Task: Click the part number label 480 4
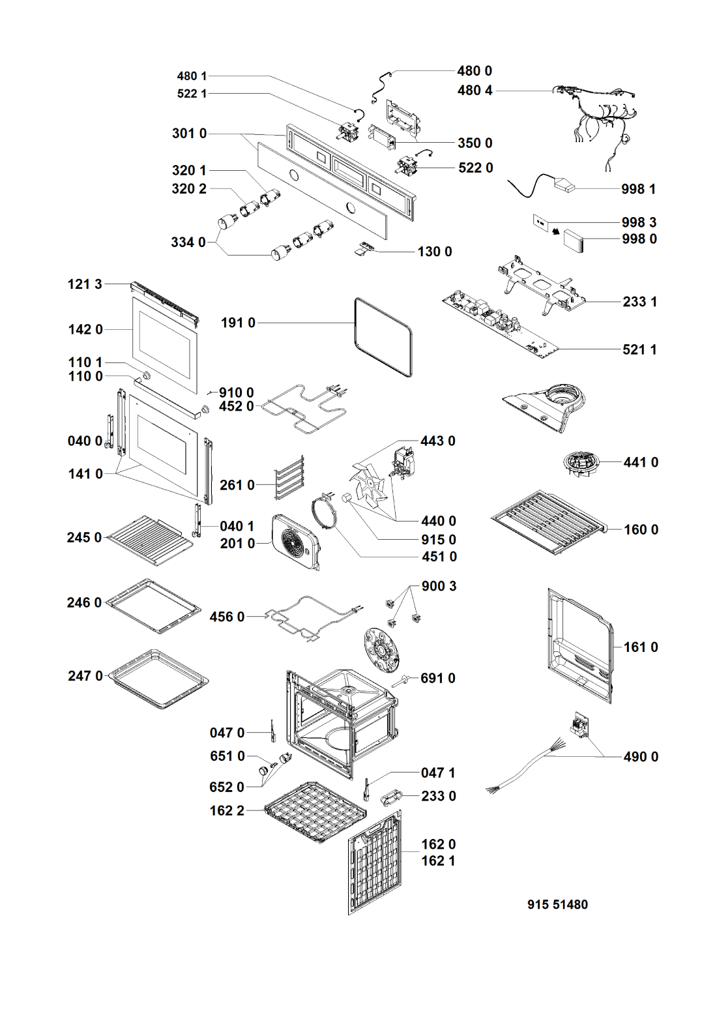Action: [475, 91]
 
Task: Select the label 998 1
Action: [638, 189]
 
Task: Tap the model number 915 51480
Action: [557, 905]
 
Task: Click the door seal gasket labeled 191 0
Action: [383, 337]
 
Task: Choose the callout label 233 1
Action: [639, 302]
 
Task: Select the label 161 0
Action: [641, 647]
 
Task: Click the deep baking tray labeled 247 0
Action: [158, 677]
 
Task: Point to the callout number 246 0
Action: [84, 603]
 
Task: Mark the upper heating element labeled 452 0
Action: [303, 411]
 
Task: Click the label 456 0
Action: [227, 617]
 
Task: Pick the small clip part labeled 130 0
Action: [367, 248]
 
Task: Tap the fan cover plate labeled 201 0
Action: [297, 541]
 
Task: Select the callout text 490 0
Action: [641, 757]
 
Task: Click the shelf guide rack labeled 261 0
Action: [289, 477]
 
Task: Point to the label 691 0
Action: [437, 679]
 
